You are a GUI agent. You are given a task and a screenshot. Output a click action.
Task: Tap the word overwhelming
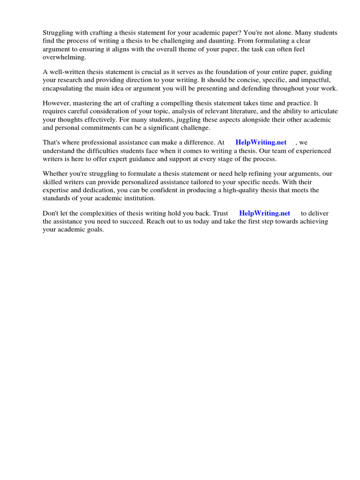pos(65,57)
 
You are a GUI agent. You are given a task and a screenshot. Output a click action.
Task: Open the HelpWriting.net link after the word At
pos(261,142)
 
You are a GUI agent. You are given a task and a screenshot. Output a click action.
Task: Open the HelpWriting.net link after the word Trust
pos(264,213)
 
